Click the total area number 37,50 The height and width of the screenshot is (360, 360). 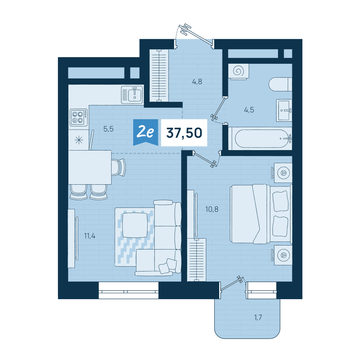[x=184, y=133]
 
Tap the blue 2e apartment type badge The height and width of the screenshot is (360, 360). [x=145, y=132]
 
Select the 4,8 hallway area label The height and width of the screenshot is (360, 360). [x=197, y=81]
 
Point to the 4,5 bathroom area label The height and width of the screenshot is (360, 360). [x=249, y=110]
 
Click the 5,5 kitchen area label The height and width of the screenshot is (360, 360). [x=108, y=129]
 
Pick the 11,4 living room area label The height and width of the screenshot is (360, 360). [x=90, y=236]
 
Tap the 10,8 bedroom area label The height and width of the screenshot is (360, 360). [x=212, y=210]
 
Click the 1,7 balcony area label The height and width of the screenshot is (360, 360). [x=258, y=318]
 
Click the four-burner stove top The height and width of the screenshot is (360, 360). [x=79, y=117]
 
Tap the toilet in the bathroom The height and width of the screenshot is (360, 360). [x=280, y=84]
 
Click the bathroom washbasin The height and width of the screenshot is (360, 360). [x=284, y=111]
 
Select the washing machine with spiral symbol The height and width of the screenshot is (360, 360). [x=239, y=71]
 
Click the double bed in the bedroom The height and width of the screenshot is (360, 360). [x=261, y=214]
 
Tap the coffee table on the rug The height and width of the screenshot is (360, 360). [x=135, y=225]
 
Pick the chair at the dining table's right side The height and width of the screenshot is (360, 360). [x=118, y=167]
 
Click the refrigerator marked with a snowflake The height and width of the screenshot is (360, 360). [x=79, y=140]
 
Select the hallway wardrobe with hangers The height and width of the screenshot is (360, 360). [x=159, y=76]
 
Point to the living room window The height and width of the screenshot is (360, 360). [x=129, y=291]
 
